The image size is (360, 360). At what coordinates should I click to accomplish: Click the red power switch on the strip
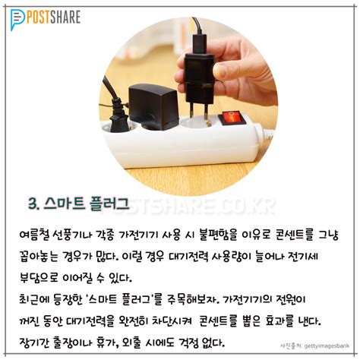click(232, 118)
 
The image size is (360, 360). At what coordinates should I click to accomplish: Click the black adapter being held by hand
click(199, 76)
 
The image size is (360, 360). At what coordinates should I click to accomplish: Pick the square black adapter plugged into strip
click(153, 106)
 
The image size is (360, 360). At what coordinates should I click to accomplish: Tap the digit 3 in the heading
click(33, 204)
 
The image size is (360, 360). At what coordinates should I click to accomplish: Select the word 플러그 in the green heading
click(109, 204)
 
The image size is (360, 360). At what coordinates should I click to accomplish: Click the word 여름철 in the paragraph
click(34, 235)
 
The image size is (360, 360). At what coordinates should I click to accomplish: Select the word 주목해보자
click(193, 299)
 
